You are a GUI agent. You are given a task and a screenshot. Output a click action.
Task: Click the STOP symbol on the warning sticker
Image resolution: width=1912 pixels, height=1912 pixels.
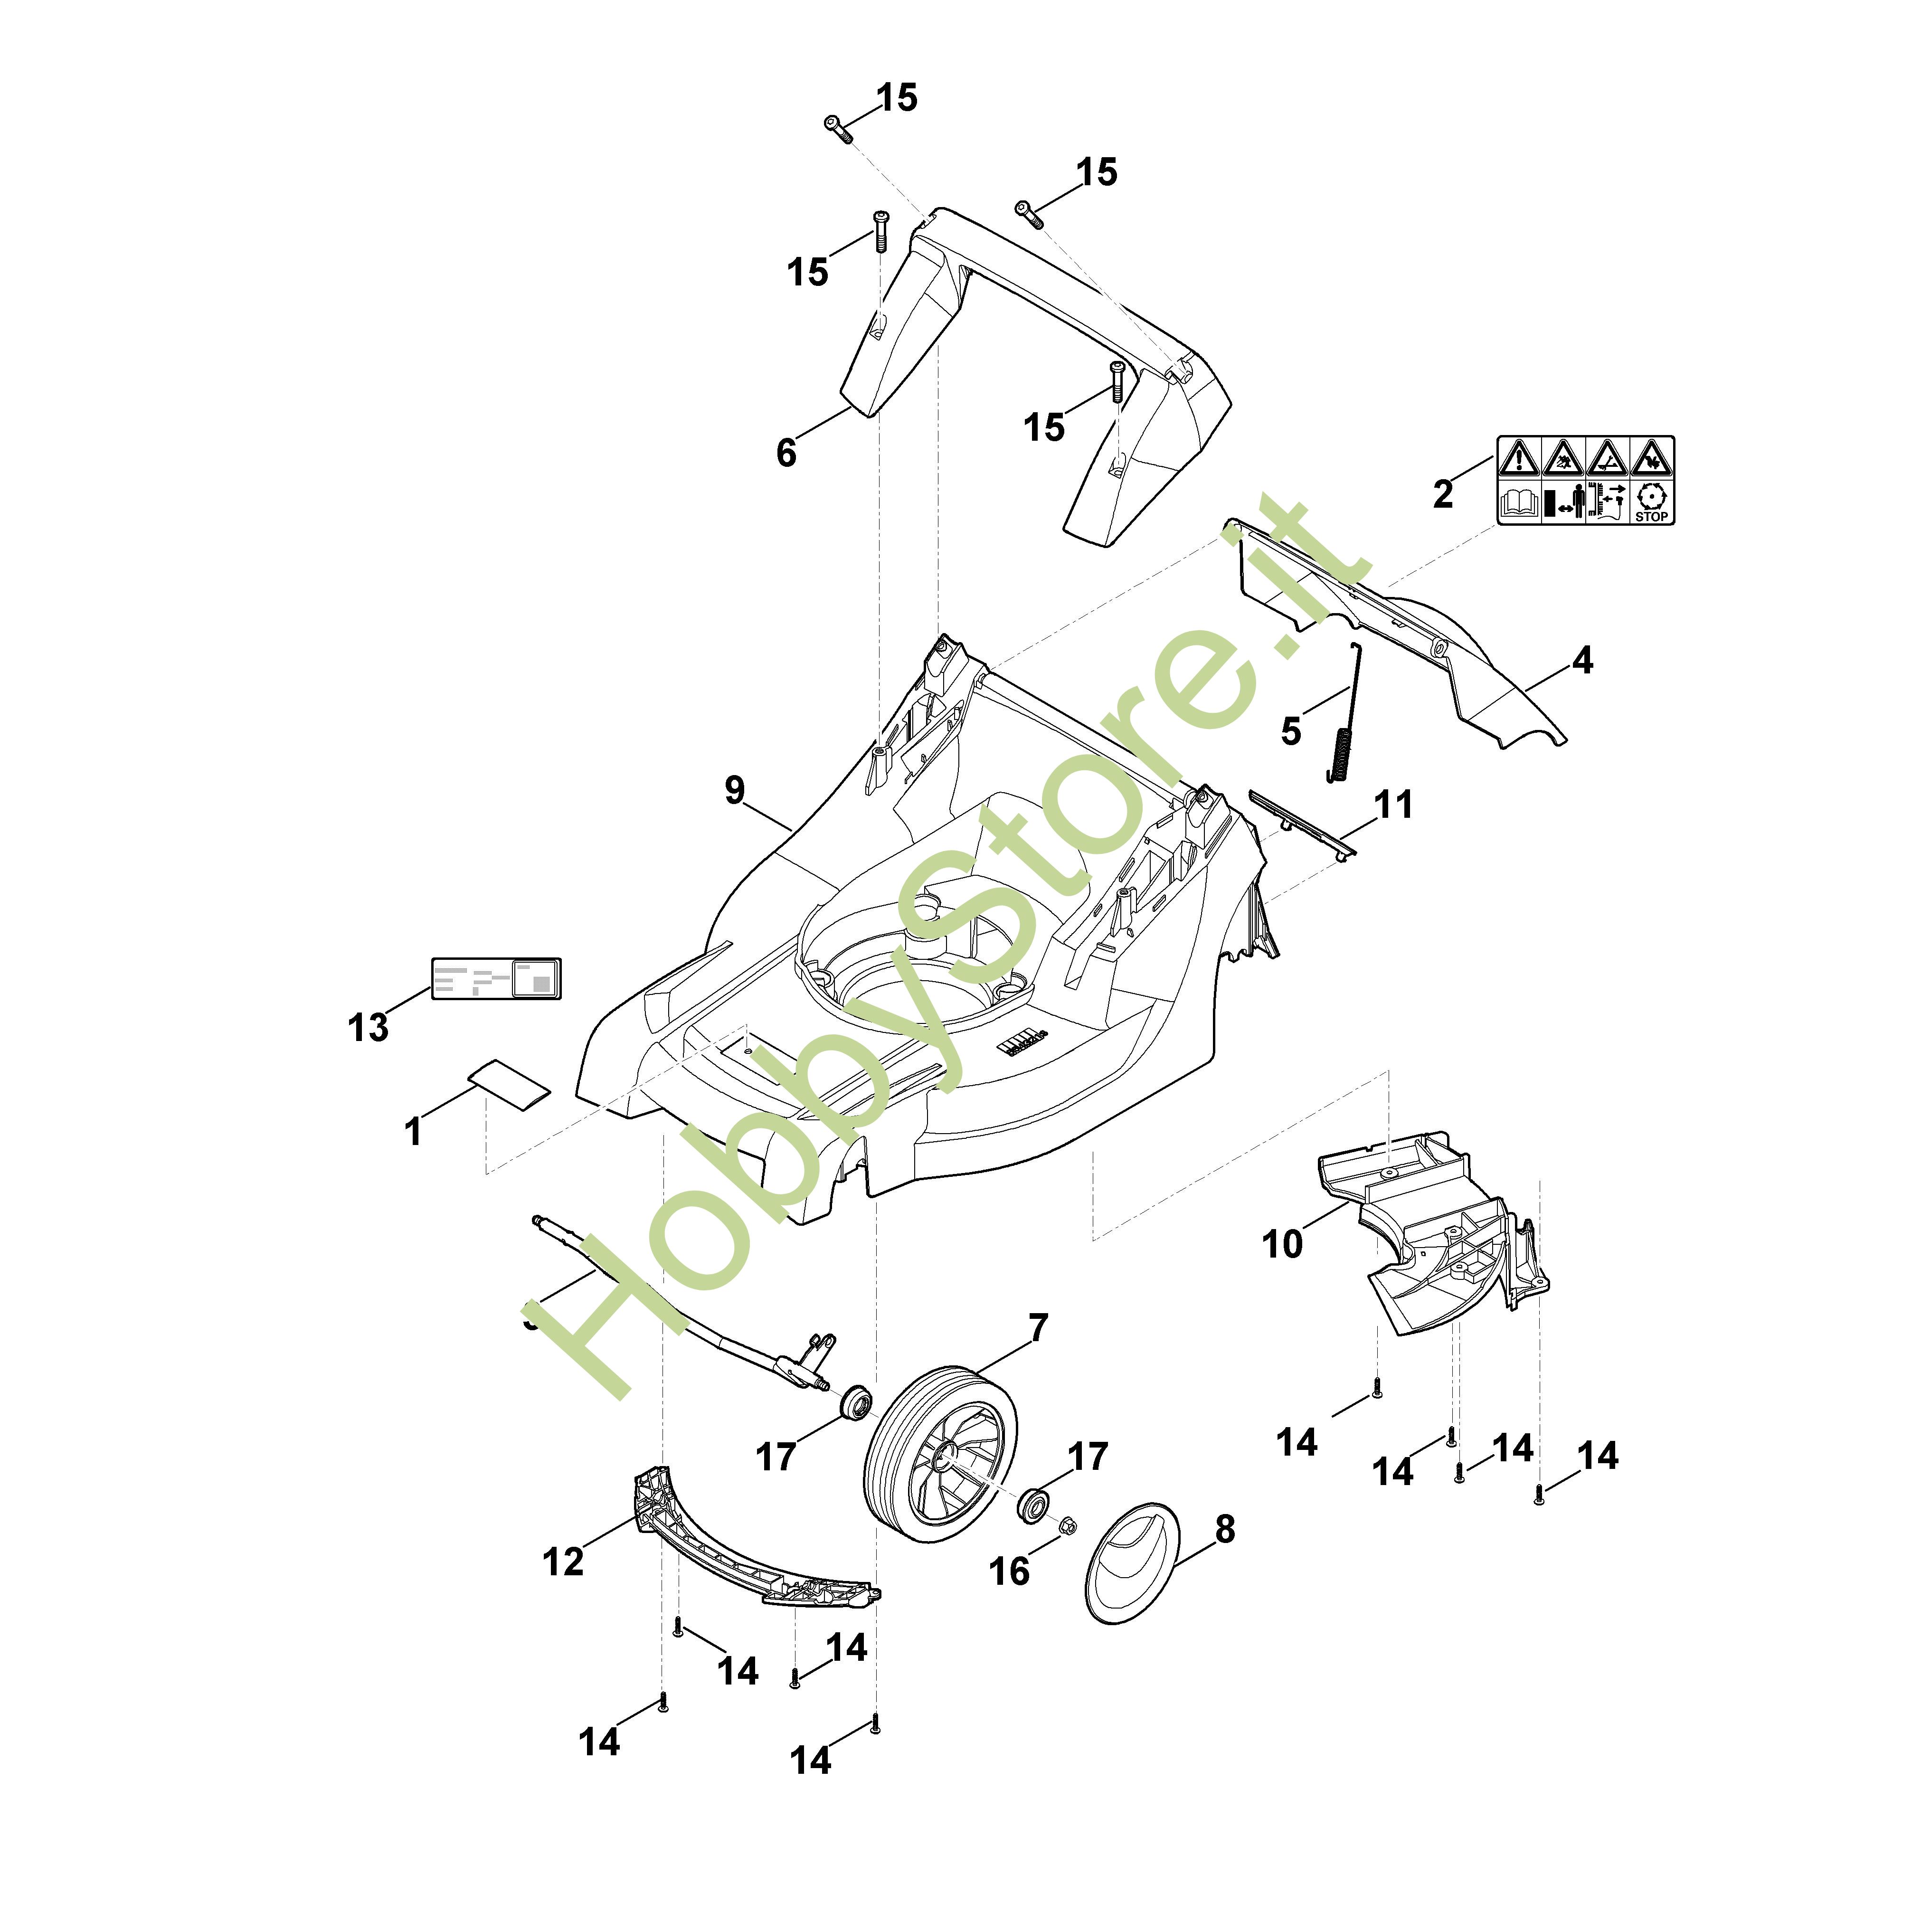(1651, 502)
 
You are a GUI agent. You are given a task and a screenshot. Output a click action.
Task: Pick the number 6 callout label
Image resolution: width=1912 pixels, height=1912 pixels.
(786, 453)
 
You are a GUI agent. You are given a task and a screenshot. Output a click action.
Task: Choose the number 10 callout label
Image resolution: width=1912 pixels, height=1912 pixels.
(1283, 1243)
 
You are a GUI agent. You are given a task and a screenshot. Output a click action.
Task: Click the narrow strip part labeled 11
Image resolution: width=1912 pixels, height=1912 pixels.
(1299, 822)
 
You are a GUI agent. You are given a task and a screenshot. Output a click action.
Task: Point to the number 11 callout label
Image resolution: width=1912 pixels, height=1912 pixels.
(1393, 805)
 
